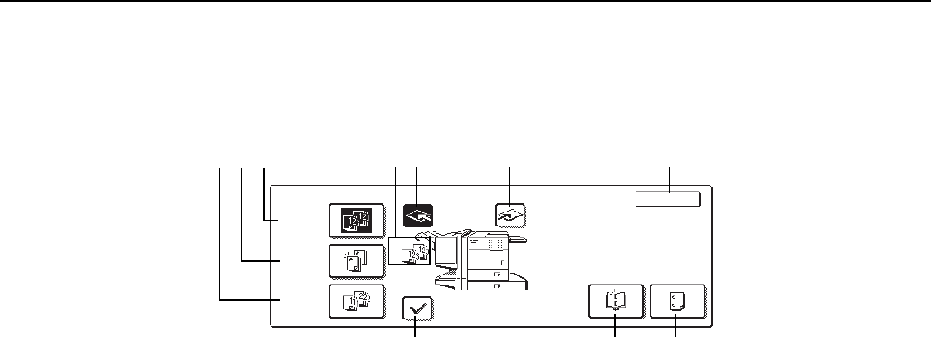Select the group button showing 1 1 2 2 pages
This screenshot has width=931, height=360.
356,301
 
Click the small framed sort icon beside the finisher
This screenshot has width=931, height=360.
408,251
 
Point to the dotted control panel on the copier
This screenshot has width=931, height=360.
495,243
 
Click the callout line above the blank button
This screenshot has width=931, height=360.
669,178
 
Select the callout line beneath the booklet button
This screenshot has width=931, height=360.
615,329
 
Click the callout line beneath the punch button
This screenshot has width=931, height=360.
675,329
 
